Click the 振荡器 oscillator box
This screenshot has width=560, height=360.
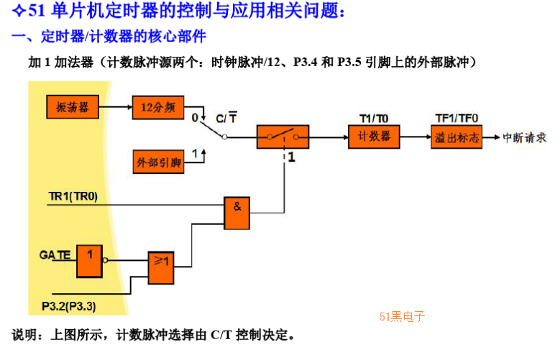(x=73, y=107)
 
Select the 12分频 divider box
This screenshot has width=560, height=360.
(x=158, y=107)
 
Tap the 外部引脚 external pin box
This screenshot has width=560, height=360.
(x=159, y=162)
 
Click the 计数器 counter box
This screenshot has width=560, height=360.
(x=374, y=137)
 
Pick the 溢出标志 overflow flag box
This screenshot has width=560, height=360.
(x=456, y=137)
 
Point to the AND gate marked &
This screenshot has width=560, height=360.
(x=237, y=213)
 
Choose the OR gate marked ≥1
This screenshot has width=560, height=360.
(x=161, y=268)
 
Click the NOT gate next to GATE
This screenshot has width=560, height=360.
(x=90, y=261)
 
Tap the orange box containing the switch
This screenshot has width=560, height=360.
(x=283, y=137)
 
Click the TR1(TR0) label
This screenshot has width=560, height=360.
(x=73, y=196)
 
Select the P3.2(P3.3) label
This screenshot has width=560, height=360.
(x=68, y=306)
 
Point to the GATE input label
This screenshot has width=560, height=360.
(x=55, y=255)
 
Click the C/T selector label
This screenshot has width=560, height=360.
(x=226, y=118)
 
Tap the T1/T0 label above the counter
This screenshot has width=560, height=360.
(x=374, y=119)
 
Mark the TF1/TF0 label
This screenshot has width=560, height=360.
(x=456, y=118)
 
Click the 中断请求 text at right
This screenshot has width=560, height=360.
(x=525, y=137)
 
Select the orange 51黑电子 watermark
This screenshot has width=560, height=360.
(x=402, y=316)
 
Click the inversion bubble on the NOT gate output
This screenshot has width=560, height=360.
(x=105, y=260)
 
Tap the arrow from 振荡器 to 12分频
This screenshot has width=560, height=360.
(x=116, y=107)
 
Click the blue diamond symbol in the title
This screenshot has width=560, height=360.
(x=19, y=10)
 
